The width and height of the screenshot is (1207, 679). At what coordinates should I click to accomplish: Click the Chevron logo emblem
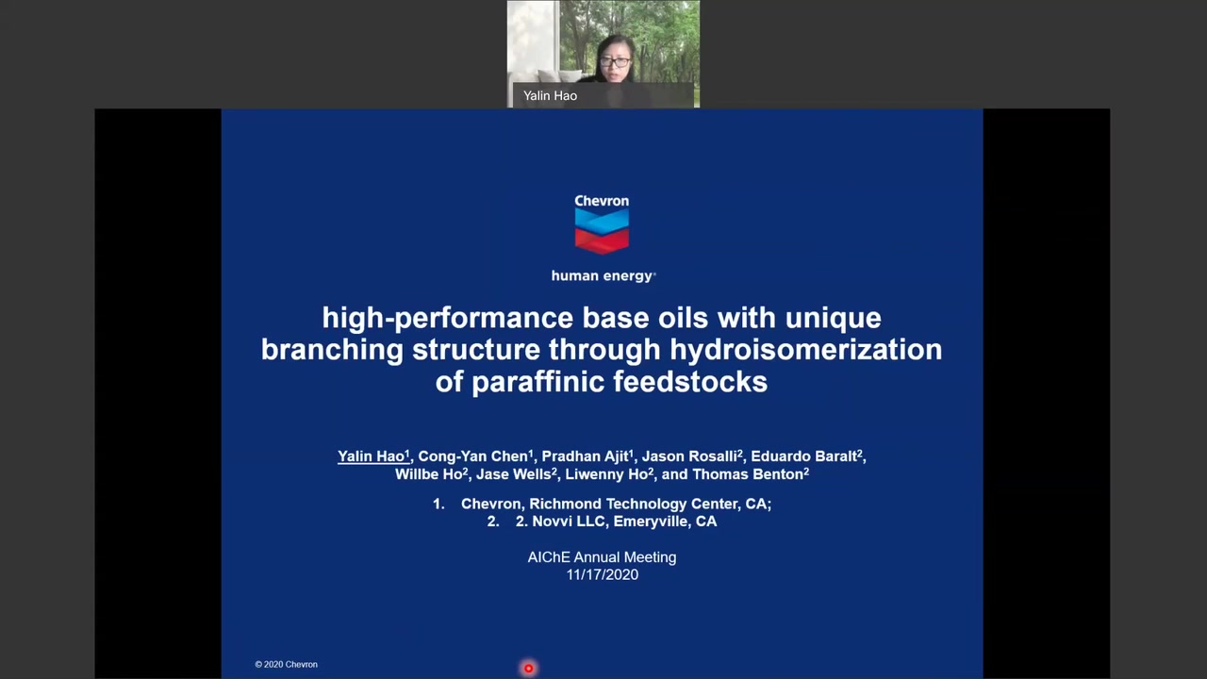pos(602,231)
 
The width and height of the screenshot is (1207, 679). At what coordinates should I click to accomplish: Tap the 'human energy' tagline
pos(603,276)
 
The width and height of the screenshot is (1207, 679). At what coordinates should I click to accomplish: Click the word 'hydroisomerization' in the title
pos(806,350)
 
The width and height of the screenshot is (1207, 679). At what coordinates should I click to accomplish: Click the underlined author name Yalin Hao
pos(372,456)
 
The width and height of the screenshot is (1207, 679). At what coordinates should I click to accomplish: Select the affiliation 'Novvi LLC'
pos(569,522)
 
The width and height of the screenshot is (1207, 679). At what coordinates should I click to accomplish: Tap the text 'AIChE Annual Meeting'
pos(602,557)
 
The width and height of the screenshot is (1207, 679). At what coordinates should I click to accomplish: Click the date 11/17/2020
pos(602,574)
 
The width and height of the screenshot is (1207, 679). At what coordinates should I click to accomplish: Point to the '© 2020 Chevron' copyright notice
pos(286,665)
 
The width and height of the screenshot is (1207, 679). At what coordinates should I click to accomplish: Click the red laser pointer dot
pos(529,669)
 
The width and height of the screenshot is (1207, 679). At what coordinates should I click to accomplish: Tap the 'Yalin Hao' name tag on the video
pos(550,96)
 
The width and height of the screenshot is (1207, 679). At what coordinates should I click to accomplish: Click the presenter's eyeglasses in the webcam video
pos(615,62)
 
